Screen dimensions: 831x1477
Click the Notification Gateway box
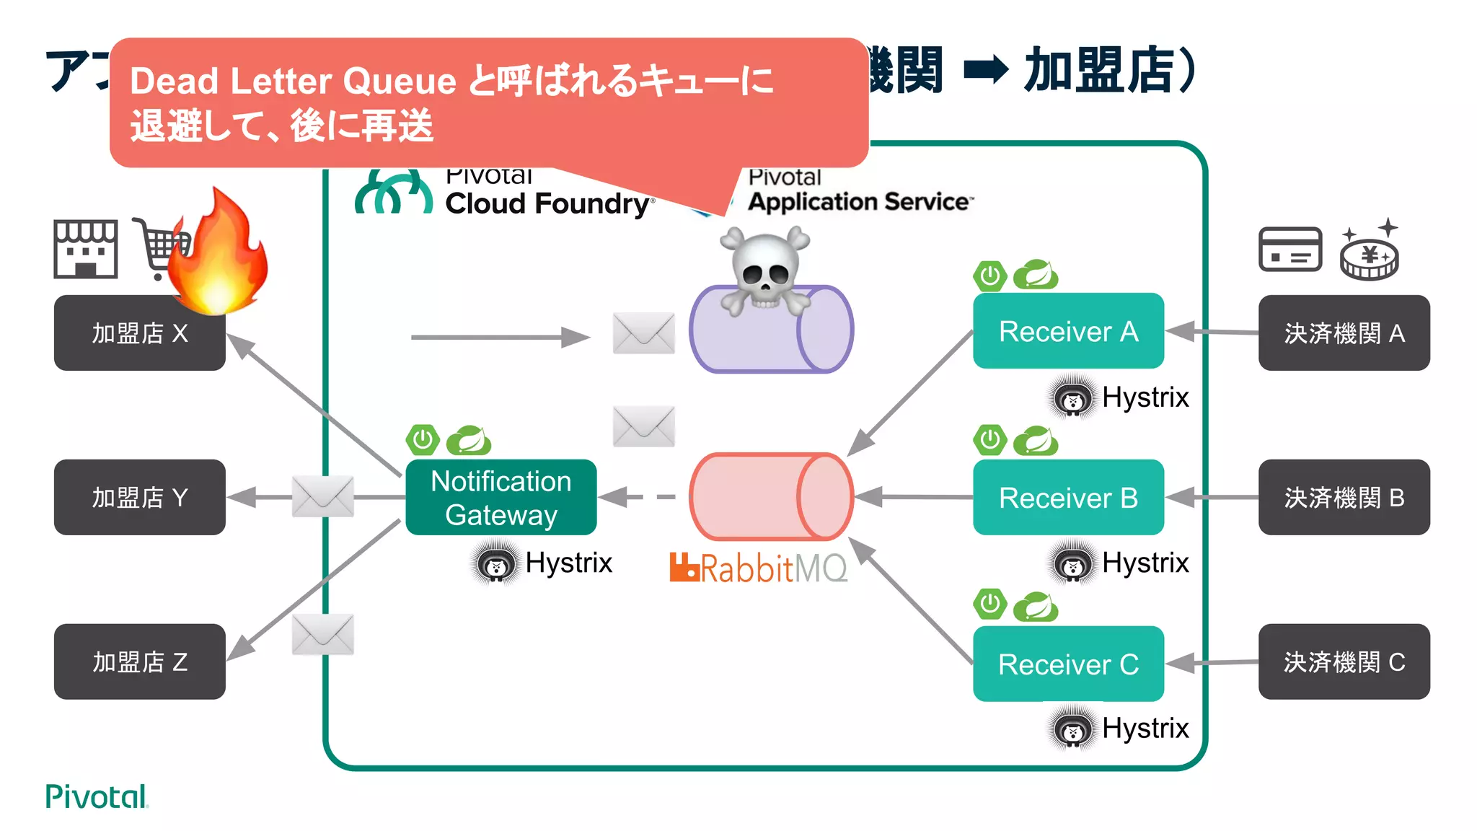coord(501,497)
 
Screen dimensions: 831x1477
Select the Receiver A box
coord(1067,331)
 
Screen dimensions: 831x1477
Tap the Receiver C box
coord(1067,664)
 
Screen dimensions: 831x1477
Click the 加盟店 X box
coord(139,333)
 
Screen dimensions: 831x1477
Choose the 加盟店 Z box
coord(139,661)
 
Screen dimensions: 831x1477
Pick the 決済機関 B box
coord(1344,497)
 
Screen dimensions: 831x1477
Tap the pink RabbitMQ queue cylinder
coord(770,496)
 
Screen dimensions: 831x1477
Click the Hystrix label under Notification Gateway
coord(568,563)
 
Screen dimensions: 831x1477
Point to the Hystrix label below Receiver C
coord(1145,728)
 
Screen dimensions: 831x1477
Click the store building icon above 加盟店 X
coord(85,250)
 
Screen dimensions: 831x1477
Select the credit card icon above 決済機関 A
coord(1289,250)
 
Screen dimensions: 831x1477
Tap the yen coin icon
coord(1369,254)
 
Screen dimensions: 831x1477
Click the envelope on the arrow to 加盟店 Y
coord(322,496)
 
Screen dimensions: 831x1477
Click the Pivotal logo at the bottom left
coord(96,796)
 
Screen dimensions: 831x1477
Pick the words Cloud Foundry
coord(547,203)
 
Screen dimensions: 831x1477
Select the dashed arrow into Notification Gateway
coord(638,496)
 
